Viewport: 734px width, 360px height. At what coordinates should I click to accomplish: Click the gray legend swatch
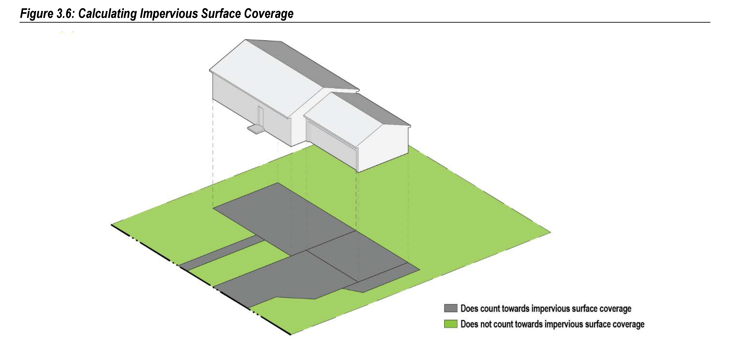pos(450,308)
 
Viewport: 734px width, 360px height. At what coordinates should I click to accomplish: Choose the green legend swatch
pos(450,324)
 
